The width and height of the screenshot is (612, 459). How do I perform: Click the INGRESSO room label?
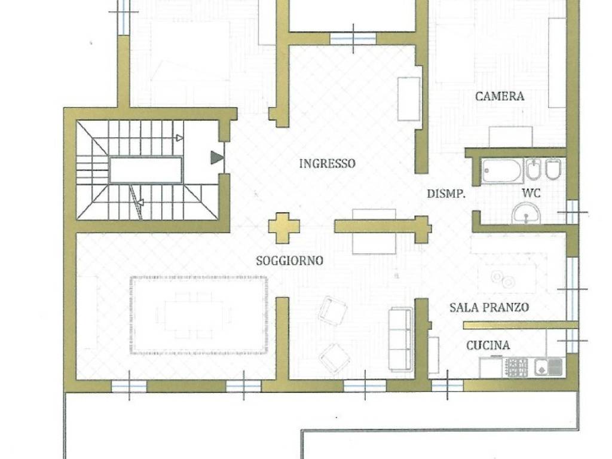pos(327,163)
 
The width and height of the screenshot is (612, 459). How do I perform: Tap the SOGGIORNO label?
pos(290,261)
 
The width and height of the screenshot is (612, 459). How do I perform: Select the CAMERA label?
pos(500,96)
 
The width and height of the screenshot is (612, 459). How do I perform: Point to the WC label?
pos(531,193)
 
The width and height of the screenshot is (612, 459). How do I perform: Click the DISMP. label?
pos(446,194)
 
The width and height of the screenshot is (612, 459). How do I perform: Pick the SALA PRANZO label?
pos(489,308)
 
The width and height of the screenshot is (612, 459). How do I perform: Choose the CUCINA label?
pos(488,345)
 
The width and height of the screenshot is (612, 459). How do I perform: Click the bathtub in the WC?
pos(502,171)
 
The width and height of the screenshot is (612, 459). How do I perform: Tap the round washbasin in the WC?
pos(526,214)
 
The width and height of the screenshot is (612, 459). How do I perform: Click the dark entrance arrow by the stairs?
pos(217,158)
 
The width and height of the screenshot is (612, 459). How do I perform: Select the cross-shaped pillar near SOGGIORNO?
pos(284,228)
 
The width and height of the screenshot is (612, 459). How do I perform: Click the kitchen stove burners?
pos(516,368)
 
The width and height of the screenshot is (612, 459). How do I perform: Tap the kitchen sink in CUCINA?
pos(549,368)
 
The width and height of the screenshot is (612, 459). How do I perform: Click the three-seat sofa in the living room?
pos(401,339)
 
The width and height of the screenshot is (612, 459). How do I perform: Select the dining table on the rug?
pos(194,315)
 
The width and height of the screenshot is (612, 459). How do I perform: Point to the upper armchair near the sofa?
pos(333,310)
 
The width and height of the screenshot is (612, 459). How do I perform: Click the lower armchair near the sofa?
pos(335,358)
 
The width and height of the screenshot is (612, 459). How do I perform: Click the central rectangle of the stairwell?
pos(146,170)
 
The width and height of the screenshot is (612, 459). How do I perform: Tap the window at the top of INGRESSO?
pos(353,39)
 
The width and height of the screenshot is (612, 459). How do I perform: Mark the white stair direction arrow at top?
pos(179,138)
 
